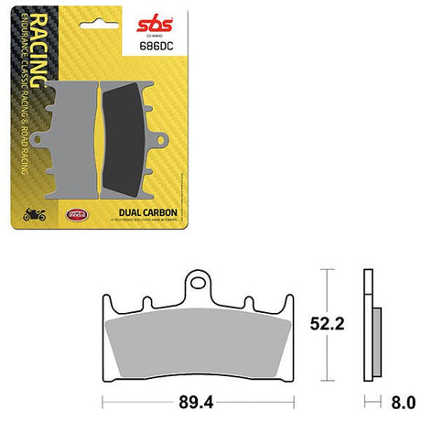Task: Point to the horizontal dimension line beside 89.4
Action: pos(137,402)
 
